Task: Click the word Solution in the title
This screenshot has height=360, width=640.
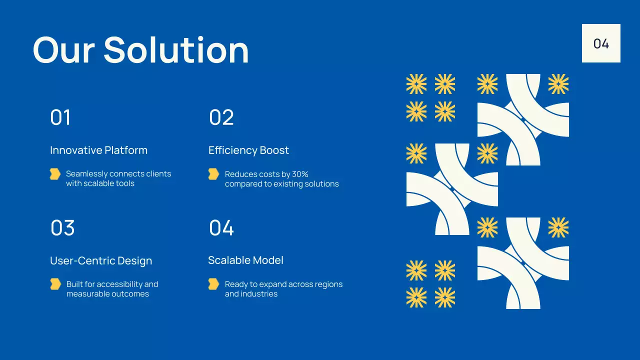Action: pyautogui.click(x=176, y=50)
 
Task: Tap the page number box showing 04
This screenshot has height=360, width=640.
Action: pyautogui.click(x=601, y=43)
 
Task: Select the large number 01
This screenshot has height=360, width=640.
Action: pyautogui.click(x=60, y=117)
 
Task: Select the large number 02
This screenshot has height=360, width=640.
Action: pyautogui.click(x=221, y=117)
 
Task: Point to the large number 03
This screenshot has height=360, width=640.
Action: pyautogui.click(x=62, y=228)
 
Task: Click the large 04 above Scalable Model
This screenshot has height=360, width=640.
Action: pyautogui.click(x=221, y=228)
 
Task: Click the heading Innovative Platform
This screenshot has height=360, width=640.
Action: pyautogui.click(x=98, y=150)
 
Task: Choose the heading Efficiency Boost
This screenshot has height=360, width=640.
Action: pyautogui.click(x=248, y=150)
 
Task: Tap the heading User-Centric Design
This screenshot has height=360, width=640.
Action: pyautogui.click(x=101, y=260)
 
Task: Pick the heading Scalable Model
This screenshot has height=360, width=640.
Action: pyautogui.click(x=245, y=260)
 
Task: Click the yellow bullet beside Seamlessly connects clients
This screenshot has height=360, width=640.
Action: pyautogui.click(x=55, y=174)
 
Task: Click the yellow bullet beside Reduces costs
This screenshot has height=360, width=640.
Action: pyautogui.click(x=213, y=174)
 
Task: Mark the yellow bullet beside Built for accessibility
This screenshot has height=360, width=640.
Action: pyautogui.click(x=55, y=284)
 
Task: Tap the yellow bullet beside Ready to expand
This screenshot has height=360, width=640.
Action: pyautogui.click(x=213, y=284)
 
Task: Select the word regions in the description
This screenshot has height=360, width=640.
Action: pyautogui.click(x=327, y=284)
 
